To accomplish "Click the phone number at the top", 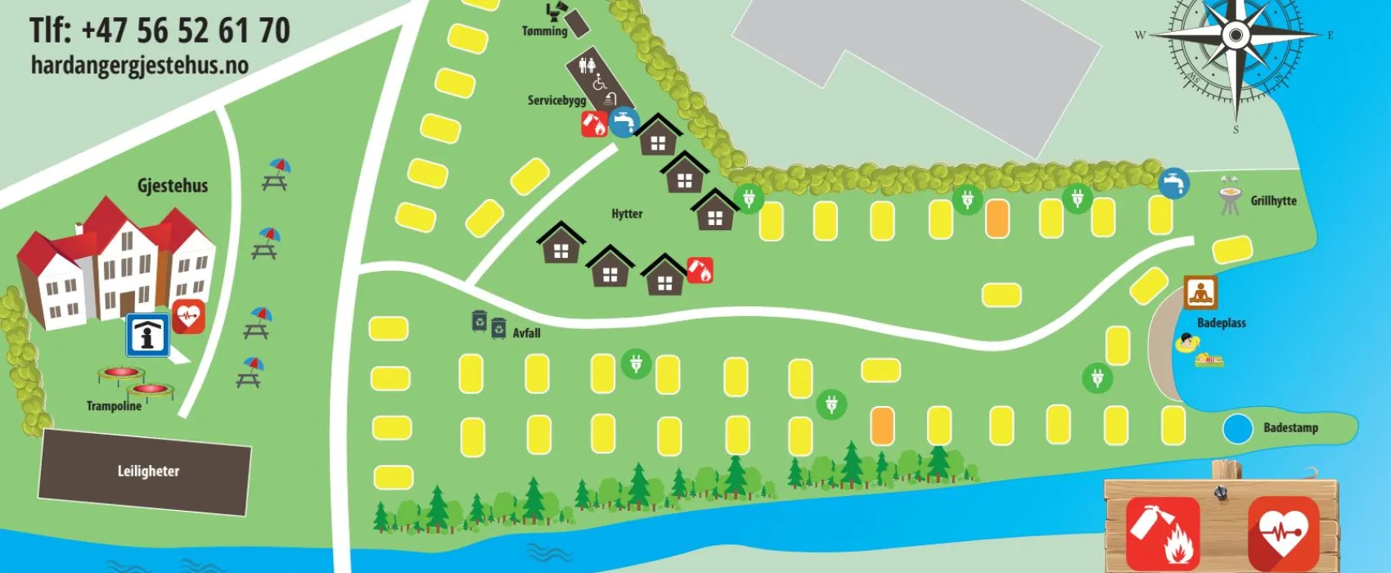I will [x=160, y=31].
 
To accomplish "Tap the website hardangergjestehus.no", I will [x=139, y=65].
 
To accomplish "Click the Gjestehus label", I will [x=173, y=186].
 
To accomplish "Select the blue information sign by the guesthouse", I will [x=148, y=336].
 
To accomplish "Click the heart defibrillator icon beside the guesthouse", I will [x=189, y=316].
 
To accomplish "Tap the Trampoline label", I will [x=114, y=406].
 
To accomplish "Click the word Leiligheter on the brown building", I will [x=148, y=471].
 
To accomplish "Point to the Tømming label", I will [x=544, y=31].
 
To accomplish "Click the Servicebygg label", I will [x=556, y=101].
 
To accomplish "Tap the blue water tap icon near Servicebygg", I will [x=623, y=122].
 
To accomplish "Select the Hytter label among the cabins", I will [x=627, y=214].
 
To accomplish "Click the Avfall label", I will [x=526, y=333].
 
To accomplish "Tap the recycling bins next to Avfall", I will [x=488, y=324].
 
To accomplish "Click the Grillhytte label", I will [x=1273, y=201].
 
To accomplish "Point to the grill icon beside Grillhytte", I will [x=1230, y=196].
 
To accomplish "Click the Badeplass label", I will [x=1221, y=323].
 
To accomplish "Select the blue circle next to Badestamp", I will [x=1237, y=429].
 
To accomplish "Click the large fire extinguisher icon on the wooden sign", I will [x=1162, y=532].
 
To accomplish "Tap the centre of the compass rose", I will [x=1236, y=35].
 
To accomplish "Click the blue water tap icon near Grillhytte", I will [x=1173, y=183].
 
